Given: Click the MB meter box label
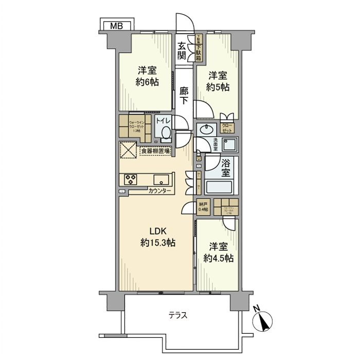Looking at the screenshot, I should pyautogui.click(x=116, y=25).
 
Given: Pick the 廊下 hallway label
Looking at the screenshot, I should pyautogui.click(x=184, y=96).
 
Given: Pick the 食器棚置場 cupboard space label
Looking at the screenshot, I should pyautogui.click(x=158, y=152).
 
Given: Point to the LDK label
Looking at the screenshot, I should pyautogui.click(x=158, y=230).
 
